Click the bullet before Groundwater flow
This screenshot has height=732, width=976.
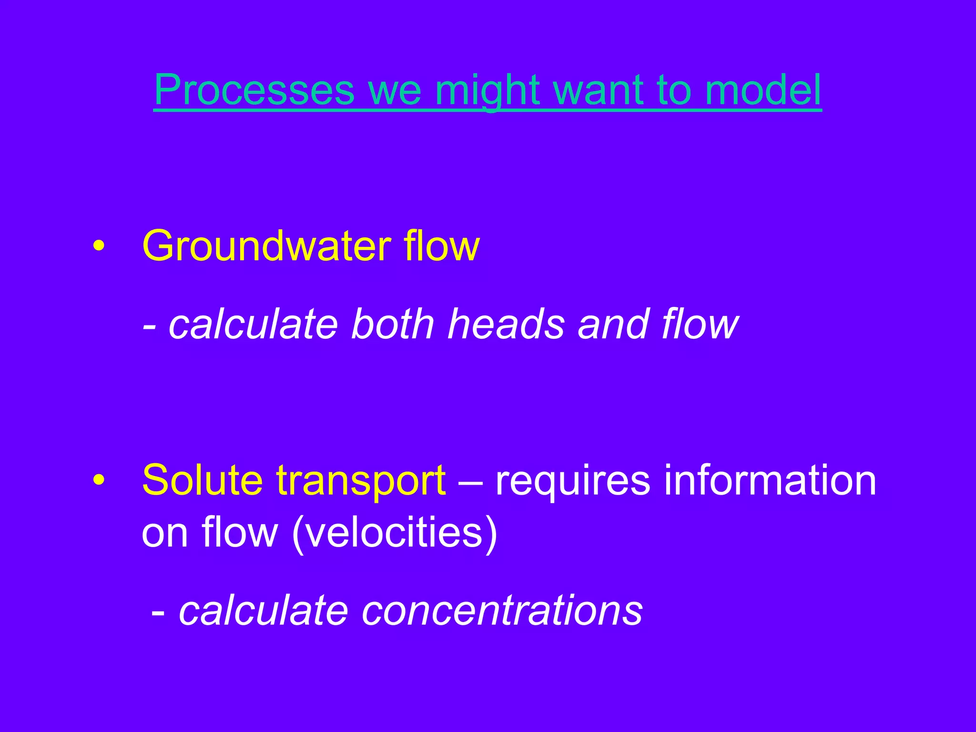click(x=99, y=247)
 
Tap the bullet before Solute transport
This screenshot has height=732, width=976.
click(x=99, y=480)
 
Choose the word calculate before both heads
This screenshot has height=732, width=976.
click(x=254, y=325)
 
